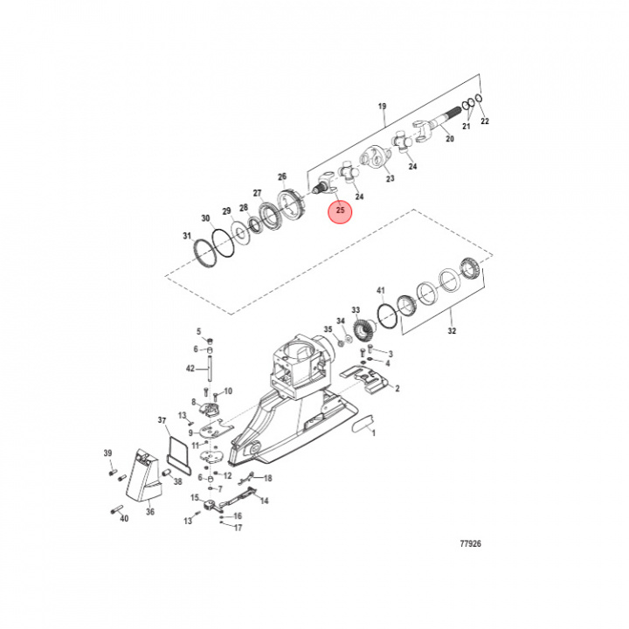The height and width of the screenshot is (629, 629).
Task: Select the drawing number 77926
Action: [470, 544]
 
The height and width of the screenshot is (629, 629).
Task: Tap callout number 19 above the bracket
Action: [382, 107]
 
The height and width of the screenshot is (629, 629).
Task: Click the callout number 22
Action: [485, 121]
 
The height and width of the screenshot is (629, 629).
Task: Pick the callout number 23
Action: [390, 178]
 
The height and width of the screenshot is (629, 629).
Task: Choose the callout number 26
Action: [282, 176]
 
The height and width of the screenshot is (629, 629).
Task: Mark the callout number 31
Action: [186, 236]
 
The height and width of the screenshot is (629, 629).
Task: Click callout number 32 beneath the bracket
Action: [451, 332]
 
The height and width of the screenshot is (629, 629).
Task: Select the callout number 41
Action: [380, 290]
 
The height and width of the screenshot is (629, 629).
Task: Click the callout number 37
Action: [162, 420]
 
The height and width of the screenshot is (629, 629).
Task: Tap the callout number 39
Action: [108, 453]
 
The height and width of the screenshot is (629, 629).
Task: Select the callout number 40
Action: [123, 519]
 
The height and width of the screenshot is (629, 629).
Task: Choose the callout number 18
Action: [267, 478]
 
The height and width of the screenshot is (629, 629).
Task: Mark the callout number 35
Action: [328, 329]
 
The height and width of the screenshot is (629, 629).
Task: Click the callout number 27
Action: [257, 193]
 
